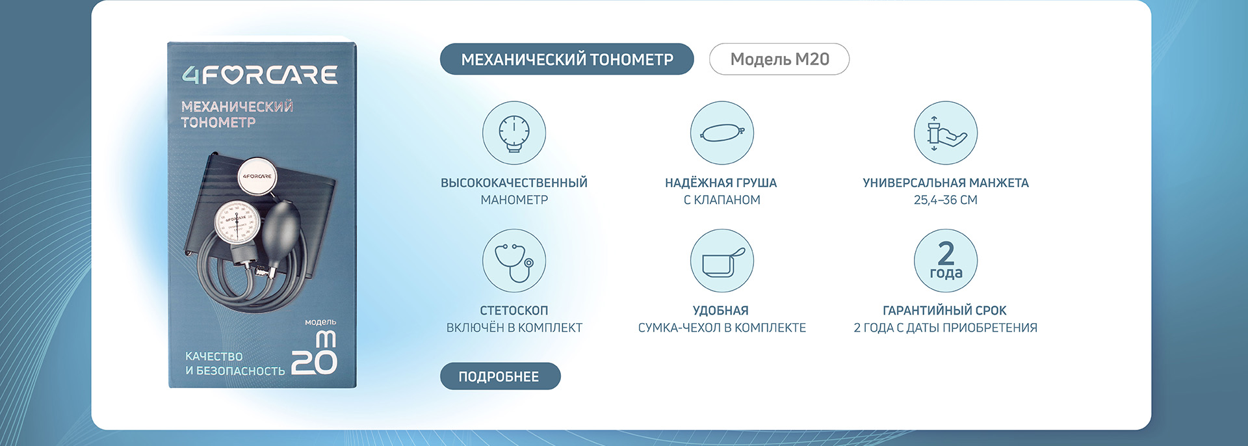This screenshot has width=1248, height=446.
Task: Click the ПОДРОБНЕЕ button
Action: click(500, 376)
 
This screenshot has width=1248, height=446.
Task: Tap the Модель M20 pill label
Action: click(779, 59)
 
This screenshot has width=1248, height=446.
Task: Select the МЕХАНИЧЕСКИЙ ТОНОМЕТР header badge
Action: click(567, 59)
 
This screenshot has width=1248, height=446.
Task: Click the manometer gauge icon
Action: click(513, 133)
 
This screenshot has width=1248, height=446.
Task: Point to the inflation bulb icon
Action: click(722, 133)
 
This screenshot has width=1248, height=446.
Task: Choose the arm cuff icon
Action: click(946, 133)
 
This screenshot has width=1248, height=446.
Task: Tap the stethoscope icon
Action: click(513, 261)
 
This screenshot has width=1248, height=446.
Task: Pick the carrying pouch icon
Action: click(722, 261)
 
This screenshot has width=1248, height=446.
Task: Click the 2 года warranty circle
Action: click(946, 261)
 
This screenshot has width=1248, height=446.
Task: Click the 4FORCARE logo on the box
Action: click(259, 75)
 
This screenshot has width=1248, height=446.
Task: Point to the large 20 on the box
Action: click(314, 363)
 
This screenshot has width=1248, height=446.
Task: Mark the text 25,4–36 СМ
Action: click(946, 200)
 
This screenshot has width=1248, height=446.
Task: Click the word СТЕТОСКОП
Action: click(514, 311)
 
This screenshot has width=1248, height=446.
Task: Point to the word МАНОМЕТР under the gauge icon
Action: click(514, 200)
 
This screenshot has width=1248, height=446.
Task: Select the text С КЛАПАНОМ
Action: click(722, 200)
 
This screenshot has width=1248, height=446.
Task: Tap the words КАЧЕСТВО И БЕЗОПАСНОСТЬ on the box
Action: click(235, 363)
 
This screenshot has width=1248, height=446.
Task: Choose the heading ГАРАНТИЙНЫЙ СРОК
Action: click(944, 311)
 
